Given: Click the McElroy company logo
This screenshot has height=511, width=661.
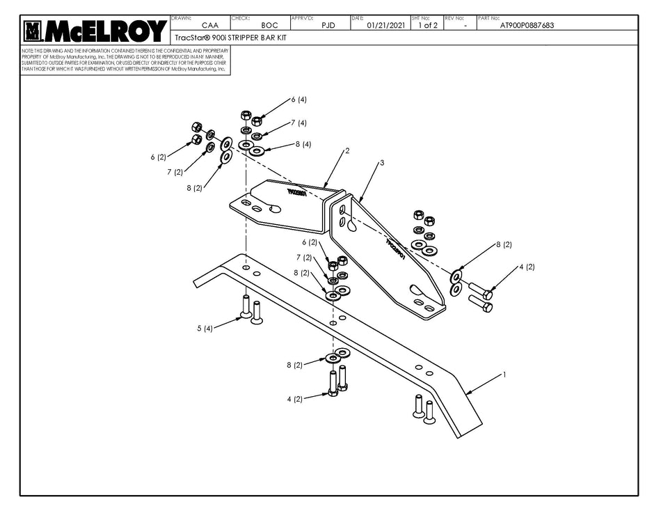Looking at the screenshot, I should tap(95, 31).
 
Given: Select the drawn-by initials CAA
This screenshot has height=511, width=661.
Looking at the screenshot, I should tap(200, 25).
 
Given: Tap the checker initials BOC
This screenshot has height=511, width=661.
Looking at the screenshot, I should tap(269, 25).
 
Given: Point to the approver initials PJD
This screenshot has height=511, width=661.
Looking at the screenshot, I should tap(328, 25).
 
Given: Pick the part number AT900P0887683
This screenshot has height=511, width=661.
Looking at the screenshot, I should tap(527, 25).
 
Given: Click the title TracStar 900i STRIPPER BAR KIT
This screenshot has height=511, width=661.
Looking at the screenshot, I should tap(230, 38).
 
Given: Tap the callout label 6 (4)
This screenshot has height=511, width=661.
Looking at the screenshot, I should tap(298, 100).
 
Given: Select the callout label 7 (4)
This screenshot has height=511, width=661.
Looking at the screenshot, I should tap(298, 123).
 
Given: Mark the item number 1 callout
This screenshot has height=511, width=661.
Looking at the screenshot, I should tap(504, 375).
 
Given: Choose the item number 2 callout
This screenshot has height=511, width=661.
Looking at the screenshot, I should tap(347, 150).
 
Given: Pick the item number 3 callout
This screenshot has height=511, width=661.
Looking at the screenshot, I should tap(381, 163).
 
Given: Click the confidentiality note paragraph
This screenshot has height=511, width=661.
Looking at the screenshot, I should tap(125, 61).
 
